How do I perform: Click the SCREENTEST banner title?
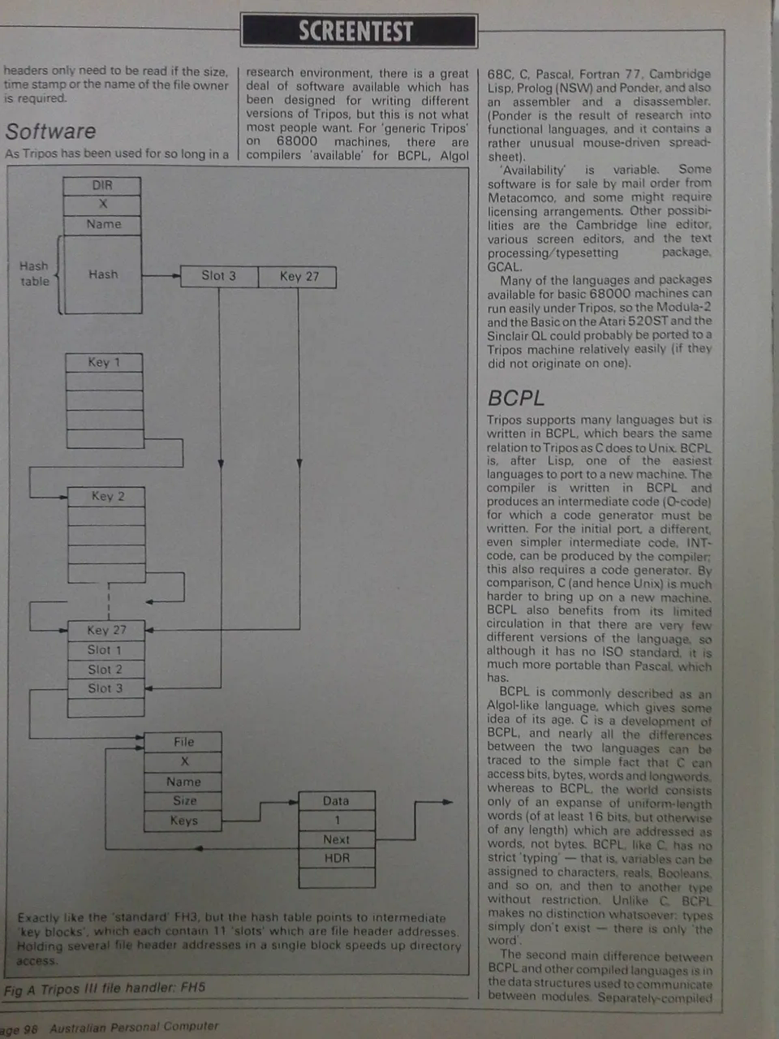[355, 32]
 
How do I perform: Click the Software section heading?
[50, 131]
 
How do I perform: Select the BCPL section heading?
[515, 398]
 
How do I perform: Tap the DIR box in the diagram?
[102, 186]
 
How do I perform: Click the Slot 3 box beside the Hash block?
[219, 276]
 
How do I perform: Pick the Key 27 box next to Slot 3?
[298, 277]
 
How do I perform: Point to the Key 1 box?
[104, 363]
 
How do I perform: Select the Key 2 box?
[106, 497]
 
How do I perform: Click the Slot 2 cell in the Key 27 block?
[106, 670]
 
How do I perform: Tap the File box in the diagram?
[183, 742]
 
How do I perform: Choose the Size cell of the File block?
[183, 801]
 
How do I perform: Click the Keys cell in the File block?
[183, 821]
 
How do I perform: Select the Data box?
[337, 801]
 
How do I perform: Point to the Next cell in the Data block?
[337, 839]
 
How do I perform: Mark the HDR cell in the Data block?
[337, 858]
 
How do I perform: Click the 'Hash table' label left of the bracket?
[35, 274]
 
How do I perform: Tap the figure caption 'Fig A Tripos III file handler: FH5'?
[105, 989]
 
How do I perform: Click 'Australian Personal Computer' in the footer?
[134, 1027]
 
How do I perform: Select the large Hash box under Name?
[102, 274]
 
